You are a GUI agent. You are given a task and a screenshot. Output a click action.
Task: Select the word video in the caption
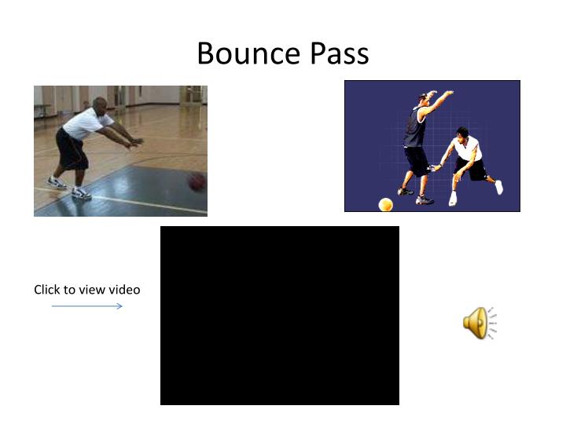(x=124, y=290)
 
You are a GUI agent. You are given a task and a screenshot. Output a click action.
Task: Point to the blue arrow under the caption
(x=86, y=306)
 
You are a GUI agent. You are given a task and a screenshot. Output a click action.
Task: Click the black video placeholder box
(x=279, y=316)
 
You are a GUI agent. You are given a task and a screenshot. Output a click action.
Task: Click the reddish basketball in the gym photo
(x=195, y=182)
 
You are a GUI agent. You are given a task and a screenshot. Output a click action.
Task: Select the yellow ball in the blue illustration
(x=385, y=204)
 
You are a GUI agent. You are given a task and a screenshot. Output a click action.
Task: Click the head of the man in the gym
(x=100, y=106)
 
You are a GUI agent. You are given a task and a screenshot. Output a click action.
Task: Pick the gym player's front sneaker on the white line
(x=81, y=192)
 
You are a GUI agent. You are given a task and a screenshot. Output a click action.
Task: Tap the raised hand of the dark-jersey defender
(x=448, y=93)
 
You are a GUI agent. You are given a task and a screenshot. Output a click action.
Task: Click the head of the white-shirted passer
(x=461, y=133)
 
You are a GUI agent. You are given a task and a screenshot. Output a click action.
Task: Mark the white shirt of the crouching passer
(x=465, y=149)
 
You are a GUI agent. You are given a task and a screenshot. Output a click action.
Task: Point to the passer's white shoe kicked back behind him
(x=498, y=187)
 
